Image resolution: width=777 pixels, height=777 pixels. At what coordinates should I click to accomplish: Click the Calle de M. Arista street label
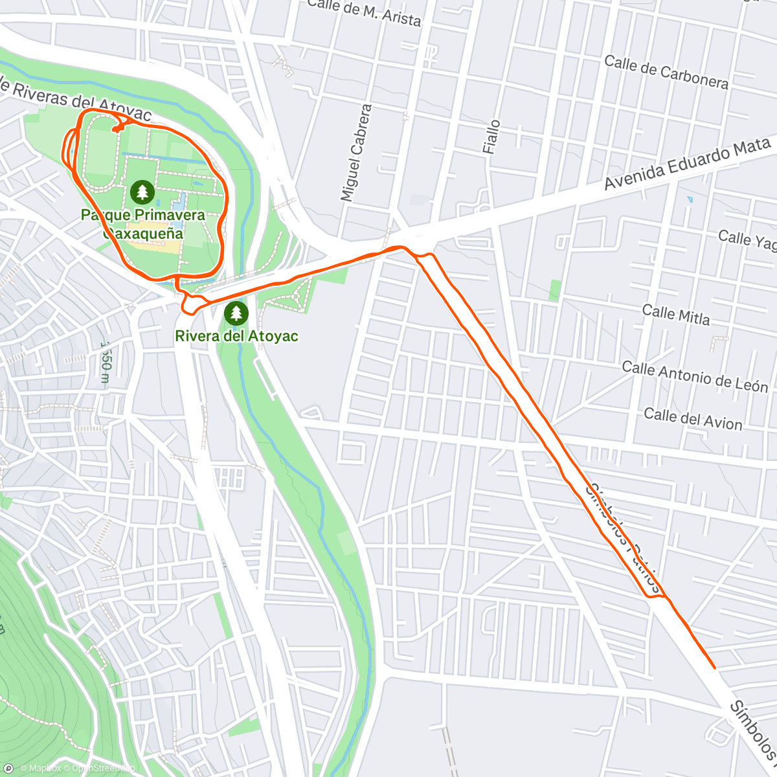(x=364, y=13)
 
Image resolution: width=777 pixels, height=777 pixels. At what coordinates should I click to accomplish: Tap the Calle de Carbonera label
(x=666, y=72)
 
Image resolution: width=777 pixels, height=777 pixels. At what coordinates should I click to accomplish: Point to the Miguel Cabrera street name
(x=357, y=153)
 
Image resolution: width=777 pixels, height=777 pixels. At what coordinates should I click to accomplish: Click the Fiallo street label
(x=492, y=137)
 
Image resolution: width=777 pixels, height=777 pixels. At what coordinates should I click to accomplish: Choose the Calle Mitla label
(x=676, y=315)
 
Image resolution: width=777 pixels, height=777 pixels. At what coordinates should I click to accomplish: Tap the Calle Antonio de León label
(x=695, y=377)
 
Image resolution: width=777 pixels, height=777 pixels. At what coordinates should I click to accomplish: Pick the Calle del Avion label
(x=693, y=419)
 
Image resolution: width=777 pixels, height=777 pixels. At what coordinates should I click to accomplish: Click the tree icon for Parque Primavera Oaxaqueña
(x=142, y=192)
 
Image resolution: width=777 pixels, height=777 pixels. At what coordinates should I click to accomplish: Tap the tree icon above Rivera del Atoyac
(x=236, y=313)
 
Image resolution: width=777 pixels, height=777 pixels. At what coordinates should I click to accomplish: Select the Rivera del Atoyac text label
(x=236, y=336)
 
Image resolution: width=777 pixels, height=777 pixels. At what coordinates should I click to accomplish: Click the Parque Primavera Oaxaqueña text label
(x=142, y=223)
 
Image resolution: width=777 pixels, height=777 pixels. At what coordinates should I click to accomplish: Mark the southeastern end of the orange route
(x=714, y=667)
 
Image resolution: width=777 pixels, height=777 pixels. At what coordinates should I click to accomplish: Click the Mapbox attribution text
(x=43, y=769)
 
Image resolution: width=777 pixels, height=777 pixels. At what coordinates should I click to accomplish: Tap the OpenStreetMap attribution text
(x=104, y=769)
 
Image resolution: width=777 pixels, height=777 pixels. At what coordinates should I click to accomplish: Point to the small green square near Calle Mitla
(x=555, y=290)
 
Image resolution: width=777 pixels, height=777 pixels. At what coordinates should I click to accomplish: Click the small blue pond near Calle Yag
(x=690, y=199)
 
